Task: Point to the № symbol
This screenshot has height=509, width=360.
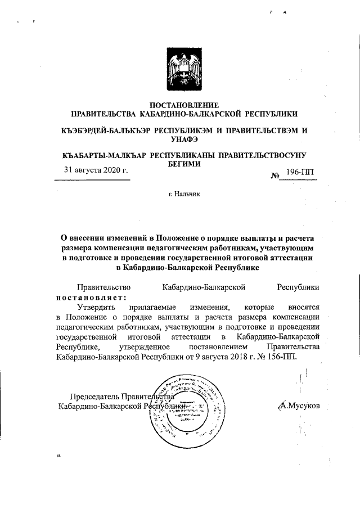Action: (276, 175)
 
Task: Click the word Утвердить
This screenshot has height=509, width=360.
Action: (97, 307)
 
